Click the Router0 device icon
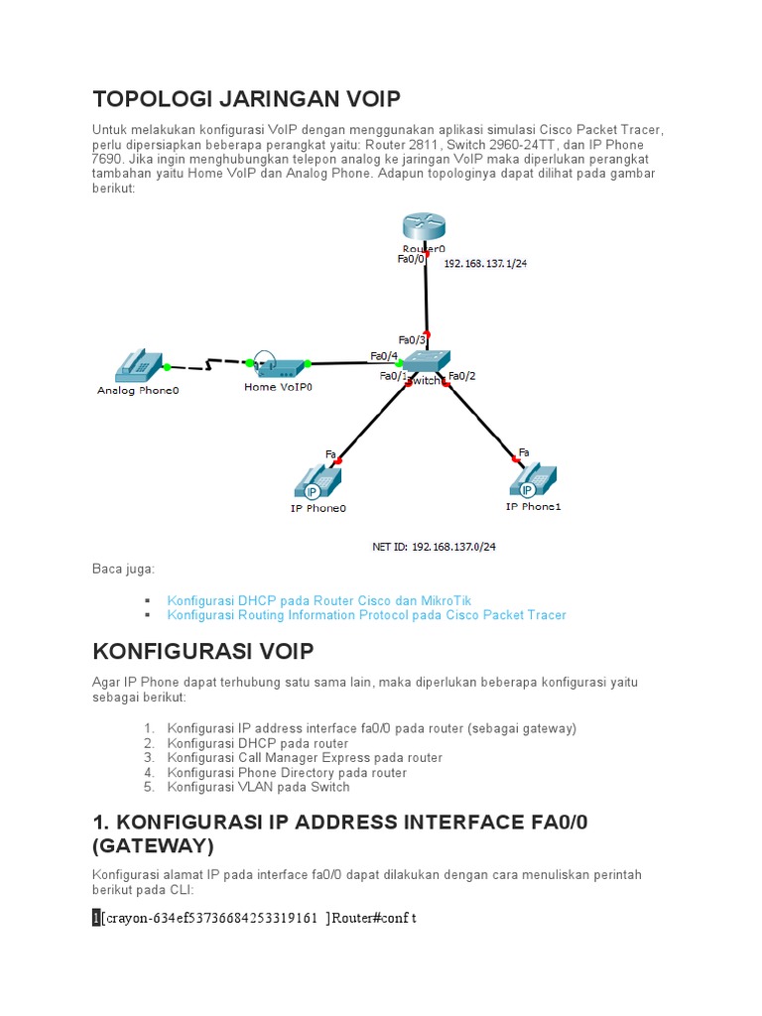point(425,228)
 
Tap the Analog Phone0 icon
point(138,366)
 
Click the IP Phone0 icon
point(317,483)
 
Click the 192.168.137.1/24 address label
point(486,265)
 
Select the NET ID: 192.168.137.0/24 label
point(433,546)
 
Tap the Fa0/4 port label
point(384,356)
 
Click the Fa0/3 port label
point(412,340)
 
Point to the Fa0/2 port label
point(462,376)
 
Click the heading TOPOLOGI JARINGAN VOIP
point(246,99)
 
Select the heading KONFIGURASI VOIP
point(202,651)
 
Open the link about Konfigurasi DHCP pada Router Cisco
point(319,600)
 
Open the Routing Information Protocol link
point(366,615)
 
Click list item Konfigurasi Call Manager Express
point(305,758)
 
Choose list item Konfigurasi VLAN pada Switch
point(258,787)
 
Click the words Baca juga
point(123,569)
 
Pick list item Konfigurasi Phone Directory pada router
point(287,773)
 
